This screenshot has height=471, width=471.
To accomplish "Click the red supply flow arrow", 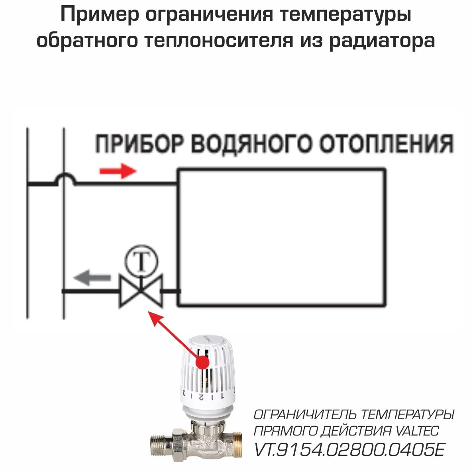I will [118, 171].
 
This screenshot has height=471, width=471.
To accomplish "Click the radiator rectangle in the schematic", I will [281, 237].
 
